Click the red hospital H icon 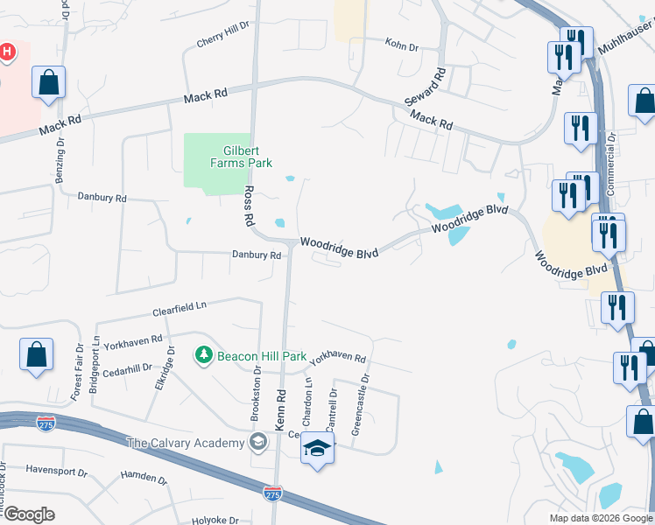tap(6, 53)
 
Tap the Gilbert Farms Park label tap(241, 157)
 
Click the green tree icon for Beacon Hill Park tap(204, 355)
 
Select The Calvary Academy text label tap(186, 443)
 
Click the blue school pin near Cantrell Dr tap(316, 450)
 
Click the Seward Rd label tap(425, 88)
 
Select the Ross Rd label tap(249, 205)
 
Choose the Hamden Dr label tap(144, 479)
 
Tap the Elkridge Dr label tap(163, 374)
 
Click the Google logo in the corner tap(29, 514)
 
